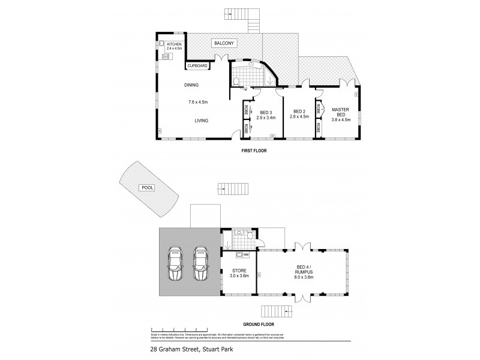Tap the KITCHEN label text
[175, 44]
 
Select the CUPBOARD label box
[197, 66]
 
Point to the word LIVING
[201, 121]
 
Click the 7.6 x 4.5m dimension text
[198, 102]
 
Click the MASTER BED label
[340, 112]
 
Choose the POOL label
[147, 188]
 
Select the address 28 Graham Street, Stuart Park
[191, 348]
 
